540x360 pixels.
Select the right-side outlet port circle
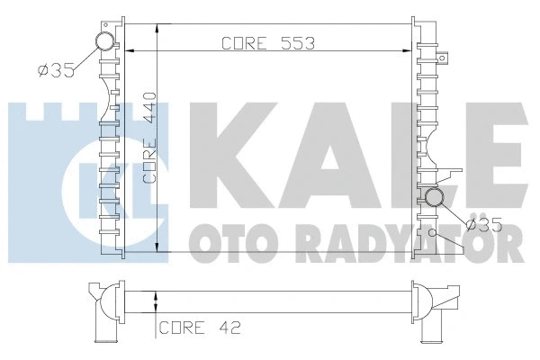(x=435, y=198)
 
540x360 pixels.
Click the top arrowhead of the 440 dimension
(x=158, y=29)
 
